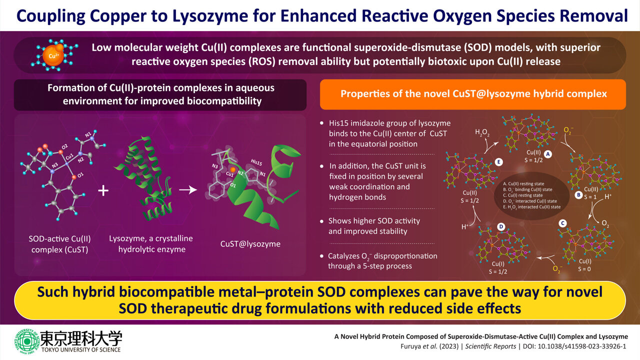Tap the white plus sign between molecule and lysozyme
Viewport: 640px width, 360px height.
tap(103, 190)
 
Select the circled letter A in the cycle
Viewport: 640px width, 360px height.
tap(548, 154)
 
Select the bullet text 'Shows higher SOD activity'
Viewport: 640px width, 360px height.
tap(374, 220)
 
